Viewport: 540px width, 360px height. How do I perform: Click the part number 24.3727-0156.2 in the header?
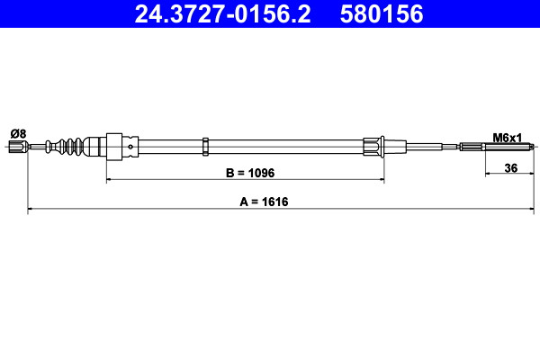coord(222,14)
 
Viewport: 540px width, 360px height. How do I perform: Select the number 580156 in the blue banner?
coord(382,14)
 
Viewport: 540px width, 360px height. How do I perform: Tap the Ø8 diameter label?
coord(19,134)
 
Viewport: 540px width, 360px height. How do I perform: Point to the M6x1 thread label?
coord(508,138)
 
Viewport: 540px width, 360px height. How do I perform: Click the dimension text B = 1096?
coord(250,173)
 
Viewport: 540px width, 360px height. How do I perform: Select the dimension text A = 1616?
coord(264,202)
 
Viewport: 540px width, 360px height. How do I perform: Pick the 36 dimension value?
coord(510,168)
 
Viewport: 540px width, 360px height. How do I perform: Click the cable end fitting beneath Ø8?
coord(18,147)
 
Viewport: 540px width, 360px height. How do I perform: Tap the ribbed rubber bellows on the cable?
coord(66,147)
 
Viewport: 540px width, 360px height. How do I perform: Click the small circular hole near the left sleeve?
coord(130,147)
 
